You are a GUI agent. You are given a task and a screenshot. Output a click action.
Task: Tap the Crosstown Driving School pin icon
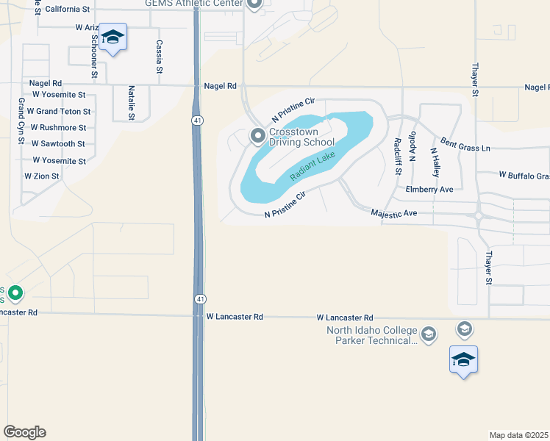click(258, 135)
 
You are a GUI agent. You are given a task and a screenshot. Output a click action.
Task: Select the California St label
click(67, 10)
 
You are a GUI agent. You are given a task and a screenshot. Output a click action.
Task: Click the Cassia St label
click(159, 57)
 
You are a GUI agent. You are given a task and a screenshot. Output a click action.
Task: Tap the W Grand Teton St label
click(59, 112)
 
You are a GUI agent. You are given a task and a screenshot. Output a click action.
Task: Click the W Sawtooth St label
click(58, 144)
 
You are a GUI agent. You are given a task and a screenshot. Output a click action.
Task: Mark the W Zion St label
click(41, 176)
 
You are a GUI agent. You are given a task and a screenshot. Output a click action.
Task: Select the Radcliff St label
click(397, 156)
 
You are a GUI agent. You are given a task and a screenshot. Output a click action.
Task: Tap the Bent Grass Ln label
click(465, 144)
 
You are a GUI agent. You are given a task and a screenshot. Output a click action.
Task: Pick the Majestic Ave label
click(394, 213)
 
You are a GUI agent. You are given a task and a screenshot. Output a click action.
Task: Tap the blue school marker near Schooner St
click(113, 37)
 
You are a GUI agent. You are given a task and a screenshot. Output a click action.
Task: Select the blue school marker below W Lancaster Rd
click(463, 359)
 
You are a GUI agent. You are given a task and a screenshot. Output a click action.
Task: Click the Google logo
click(24, 432)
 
